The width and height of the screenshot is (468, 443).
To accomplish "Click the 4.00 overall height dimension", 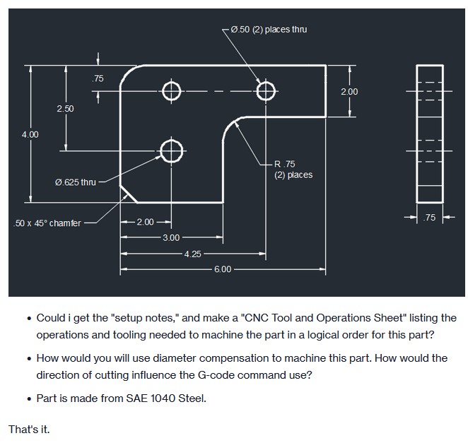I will tap(30, 134).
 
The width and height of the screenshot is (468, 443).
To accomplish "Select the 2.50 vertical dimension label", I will tap(65, 108).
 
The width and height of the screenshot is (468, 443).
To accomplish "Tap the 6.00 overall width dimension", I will tap(222, 269).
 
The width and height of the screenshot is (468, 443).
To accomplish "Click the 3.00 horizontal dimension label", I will tap(172, 238).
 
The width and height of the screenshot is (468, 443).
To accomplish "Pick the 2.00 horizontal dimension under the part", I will tap(145, 223).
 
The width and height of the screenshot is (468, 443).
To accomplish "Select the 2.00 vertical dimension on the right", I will tap(349, 92).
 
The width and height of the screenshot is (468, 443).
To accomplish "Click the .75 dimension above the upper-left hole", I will tap(98, 78).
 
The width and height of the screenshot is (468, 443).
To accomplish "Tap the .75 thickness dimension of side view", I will tap(429, 218).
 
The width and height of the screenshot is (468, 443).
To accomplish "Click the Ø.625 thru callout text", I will tap(75, 182).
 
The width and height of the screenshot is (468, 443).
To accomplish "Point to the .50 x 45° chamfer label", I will tap(47, 223).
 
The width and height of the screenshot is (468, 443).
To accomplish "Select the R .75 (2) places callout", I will tap(293, 170).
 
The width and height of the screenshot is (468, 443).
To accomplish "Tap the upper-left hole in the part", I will tap(171, 91).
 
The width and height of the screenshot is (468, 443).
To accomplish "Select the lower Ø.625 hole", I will tap(171, 150).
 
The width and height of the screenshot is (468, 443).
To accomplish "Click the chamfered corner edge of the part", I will tap(129, 194).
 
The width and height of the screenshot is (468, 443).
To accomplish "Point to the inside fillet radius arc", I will tap(231, 126).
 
